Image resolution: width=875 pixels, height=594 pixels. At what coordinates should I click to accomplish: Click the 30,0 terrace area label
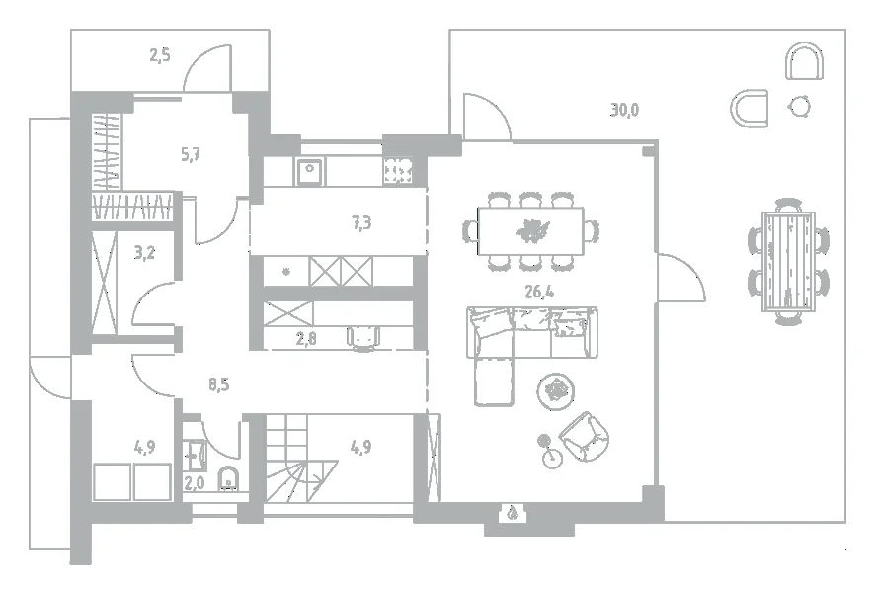[624, 110]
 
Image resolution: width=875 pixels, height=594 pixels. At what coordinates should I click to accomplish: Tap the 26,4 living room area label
[539, 292]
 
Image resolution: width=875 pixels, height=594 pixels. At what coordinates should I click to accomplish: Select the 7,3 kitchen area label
[361, 223]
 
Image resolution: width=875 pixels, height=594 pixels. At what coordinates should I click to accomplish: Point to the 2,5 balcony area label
[160, 55]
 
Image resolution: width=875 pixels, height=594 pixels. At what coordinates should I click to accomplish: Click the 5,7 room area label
[191, 154]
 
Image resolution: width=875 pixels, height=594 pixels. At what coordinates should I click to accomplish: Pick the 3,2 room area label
[144, 253]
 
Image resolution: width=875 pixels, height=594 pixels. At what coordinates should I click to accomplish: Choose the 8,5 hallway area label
[219, 384]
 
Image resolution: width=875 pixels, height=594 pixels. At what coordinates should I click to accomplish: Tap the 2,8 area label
[306, 338]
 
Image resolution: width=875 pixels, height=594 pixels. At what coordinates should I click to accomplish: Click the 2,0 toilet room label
[195, 483]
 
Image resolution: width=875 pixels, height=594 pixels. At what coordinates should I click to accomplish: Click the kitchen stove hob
[398, 171]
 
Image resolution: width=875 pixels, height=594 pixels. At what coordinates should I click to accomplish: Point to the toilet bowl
[228, 478]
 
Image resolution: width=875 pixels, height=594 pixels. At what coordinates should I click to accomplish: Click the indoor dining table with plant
[530, 231]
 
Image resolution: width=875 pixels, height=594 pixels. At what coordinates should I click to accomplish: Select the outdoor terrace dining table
[788, 261]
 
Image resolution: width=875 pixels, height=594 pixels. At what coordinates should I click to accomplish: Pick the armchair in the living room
[584, 437]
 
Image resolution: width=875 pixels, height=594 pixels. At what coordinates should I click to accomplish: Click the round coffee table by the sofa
[556, 389]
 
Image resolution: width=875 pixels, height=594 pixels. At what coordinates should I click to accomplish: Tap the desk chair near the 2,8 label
[363, 338]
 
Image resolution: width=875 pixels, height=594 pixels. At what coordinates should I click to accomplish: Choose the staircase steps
[300, 459]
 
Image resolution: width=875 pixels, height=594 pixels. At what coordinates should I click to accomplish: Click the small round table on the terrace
[800, 106]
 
